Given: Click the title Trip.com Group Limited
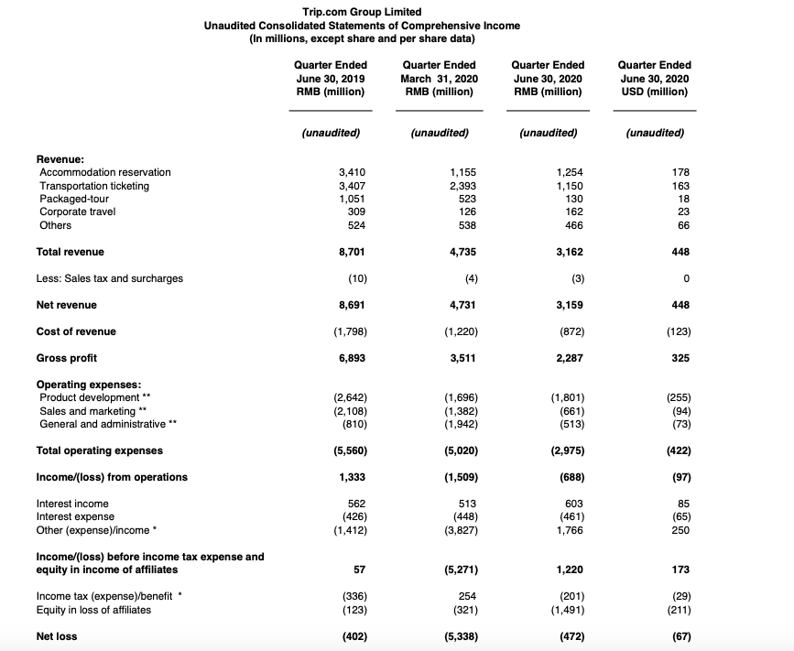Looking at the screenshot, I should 362,12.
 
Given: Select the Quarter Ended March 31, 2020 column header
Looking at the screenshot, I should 439,78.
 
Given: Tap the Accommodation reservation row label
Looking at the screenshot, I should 105,172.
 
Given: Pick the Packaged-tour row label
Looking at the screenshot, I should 76,199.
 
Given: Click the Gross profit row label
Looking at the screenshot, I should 66,358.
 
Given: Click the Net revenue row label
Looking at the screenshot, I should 66,305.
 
